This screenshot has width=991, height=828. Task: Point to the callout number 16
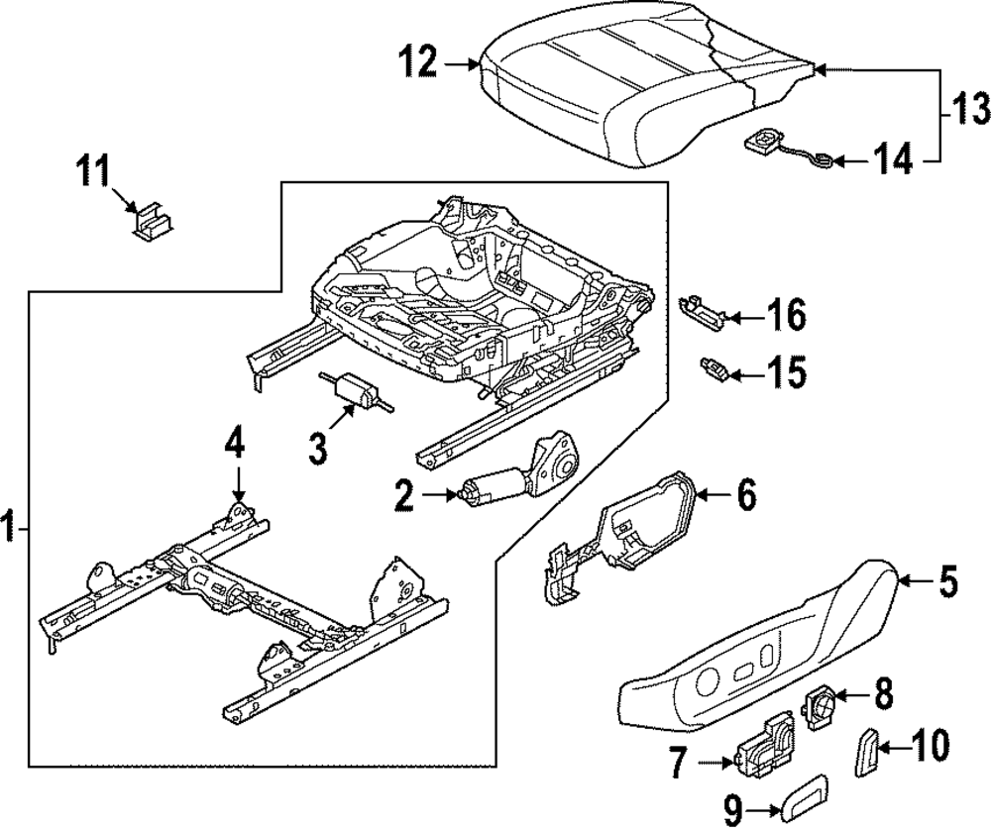pos(786,315)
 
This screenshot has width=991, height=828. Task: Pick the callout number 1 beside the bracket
pos(8,527)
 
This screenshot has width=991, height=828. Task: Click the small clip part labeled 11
pos(154,221)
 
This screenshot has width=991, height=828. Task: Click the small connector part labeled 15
pos(714,368)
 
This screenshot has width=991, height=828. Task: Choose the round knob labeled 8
pos(820,701)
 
